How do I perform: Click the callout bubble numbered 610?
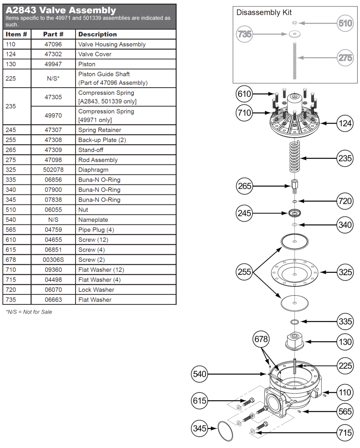244,94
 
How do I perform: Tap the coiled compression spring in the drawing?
294,158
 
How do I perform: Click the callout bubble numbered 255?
244,272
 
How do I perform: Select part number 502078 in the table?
53,170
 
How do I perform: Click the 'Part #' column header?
53,34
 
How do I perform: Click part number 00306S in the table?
53,260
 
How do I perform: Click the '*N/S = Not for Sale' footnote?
29,312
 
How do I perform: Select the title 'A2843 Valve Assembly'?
61,10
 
